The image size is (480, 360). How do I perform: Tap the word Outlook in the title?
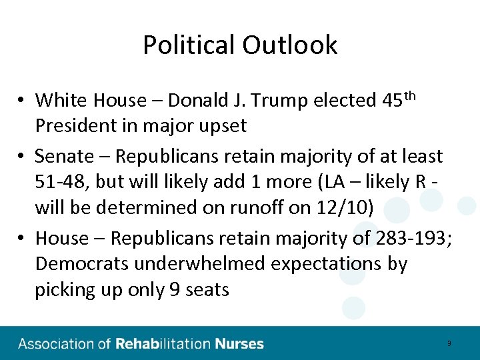click(x=290, y=45)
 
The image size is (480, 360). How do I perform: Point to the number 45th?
click(x=399, y=99)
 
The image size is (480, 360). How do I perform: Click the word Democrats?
click(x=81, y=264)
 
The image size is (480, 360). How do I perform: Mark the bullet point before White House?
click(x=22, y=101)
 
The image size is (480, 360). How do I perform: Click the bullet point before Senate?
click(x=22, y=157)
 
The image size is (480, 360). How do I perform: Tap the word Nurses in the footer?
click(x=239, y=344)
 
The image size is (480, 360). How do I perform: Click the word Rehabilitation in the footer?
click(x=163, y=344)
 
